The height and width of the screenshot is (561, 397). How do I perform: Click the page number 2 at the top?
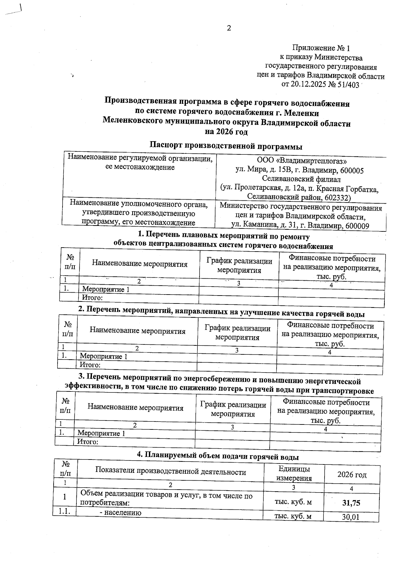(x=229, y=28)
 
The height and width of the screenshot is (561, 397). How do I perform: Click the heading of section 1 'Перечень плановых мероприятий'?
(x=224, y=236)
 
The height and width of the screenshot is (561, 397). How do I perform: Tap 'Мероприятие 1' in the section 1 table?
(x=106, y=289)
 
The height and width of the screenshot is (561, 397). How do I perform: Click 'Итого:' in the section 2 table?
(x=90, y=365)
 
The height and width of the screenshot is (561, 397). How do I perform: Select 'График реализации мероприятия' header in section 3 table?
(x=233, y=409)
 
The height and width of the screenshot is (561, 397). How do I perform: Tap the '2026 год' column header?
(x=352, y=475)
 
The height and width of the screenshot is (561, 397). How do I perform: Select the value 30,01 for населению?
(x=351, y=517)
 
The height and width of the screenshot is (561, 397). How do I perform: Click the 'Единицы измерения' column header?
(x=294, y=473)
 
